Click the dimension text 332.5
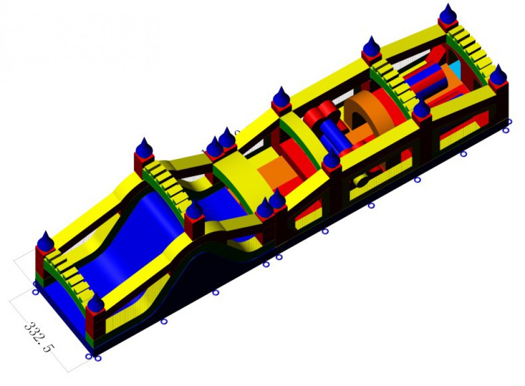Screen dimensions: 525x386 point(39,337)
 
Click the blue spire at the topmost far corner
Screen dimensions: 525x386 point(448,14)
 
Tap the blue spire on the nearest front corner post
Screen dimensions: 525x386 point(96,302)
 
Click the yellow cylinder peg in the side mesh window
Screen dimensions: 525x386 point(361,181)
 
